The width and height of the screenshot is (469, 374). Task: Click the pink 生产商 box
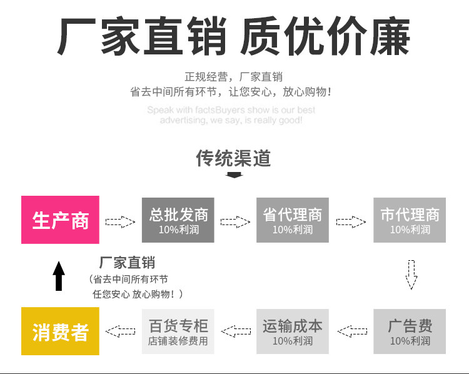[60, 219]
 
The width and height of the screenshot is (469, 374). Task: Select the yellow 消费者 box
[60, 331]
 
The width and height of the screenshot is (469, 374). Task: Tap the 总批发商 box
[178, 219]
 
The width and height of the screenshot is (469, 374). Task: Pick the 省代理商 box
[292, 219]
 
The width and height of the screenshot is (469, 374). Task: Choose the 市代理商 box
[410, 219]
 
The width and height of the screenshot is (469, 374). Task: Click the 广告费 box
[410, 331]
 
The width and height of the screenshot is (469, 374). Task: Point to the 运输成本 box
[292, 331]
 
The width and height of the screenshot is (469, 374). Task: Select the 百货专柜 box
[178, 331]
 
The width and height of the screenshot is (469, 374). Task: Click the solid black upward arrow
[59, 276]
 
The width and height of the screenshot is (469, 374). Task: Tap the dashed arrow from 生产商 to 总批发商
[120, 221]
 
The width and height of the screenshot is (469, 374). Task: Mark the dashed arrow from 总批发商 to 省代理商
[235, 221]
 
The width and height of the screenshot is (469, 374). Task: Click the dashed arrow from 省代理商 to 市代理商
[351, 221]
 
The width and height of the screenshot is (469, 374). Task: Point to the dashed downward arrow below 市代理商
[411, 274]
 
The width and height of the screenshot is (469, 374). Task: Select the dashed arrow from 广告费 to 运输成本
[351, 330]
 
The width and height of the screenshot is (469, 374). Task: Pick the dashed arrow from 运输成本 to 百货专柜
[236, 330]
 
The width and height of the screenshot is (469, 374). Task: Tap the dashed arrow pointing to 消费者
[121, 330]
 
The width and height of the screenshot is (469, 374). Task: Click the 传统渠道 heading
[234, 158]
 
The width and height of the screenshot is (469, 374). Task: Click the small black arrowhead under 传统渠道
[234, 174]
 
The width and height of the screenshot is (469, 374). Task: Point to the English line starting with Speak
[231, 110]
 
